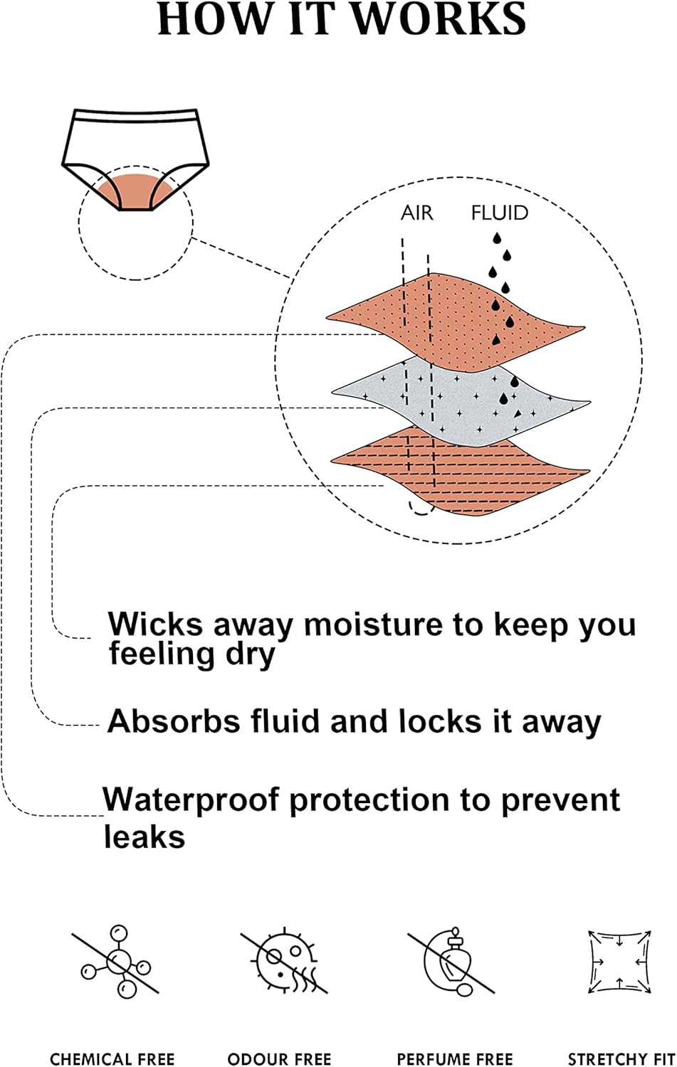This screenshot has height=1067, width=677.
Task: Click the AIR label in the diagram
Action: point(417,213)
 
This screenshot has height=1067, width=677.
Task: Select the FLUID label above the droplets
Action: point(500,213)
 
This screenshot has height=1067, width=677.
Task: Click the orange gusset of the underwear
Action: point(135,191)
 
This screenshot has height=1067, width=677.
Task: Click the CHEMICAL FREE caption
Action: point(112,1059)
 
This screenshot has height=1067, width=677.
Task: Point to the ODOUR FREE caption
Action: point(279,1059)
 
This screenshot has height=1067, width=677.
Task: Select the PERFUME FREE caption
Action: point(455,1059)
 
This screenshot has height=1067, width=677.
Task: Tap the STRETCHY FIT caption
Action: point(621,1059)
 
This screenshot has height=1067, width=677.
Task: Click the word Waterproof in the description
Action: point(191,801)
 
